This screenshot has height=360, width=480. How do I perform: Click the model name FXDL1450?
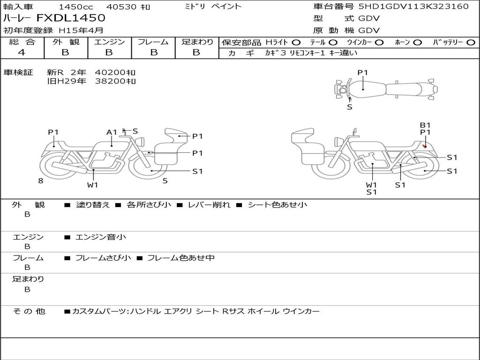point(71,18)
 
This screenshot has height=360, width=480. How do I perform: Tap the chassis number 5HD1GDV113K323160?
point(413,6)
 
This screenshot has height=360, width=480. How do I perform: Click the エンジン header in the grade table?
point(109,42)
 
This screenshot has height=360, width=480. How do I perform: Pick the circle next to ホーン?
point(417,43)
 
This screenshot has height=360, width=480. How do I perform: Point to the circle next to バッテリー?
point(471,43)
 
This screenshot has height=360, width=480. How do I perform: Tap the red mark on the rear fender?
point(425,146)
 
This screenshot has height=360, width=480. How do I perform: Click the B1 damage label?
point(425,125)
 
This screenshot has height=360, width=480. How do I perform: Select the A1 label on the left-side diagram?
point(112,132)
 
